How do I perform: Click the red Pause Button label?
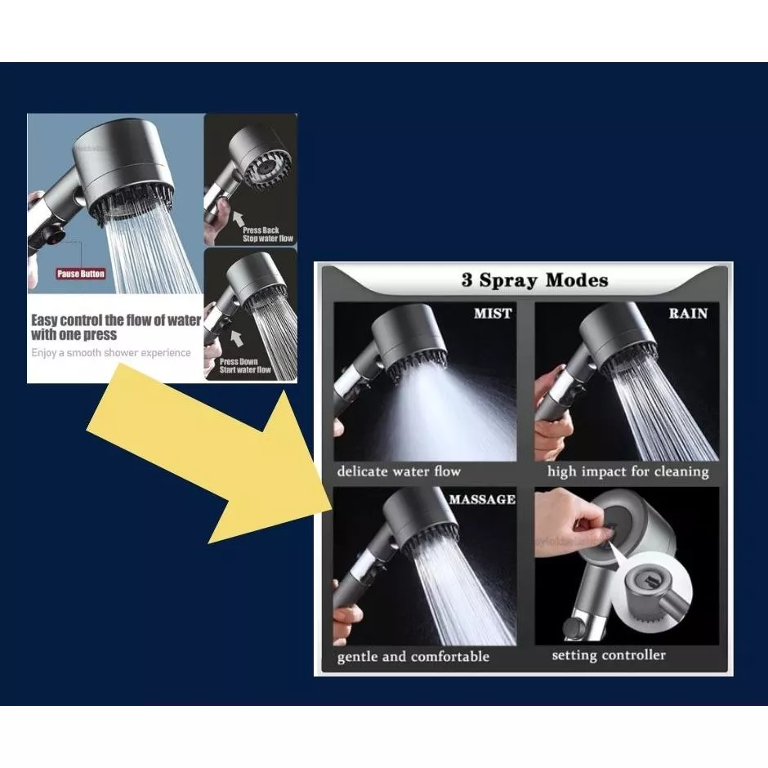(x=80, y=274)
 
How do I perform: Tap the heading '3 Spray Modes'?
(x=535, y=280)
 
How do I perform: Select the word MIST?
(x=493, y=314)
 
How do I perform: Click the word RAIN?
(x=688, y=314)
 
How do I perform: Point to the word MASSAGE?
(x=482, y=499)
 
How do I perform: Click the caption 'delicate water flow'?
(x=399, y=471)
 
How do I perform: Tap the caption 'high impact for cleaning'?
(x=628, y=471)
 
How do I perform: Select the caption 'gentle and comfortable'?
(x=413, y=657)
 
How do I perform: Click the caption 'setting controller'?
(x=609, y=655)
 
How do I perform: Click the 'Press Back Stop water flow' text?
(x=267, y=234)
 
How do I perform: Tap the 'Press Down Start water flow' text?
(x=245, y=365)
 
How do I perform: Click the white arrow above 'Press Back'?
(x=238, y=218)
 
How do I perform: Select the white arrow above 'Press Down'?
(x=237, y=338)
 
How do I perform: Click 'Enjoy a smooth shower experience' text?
(x=110, y=353)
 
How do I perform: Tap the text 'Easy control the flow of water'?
(x=116, y=320)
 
